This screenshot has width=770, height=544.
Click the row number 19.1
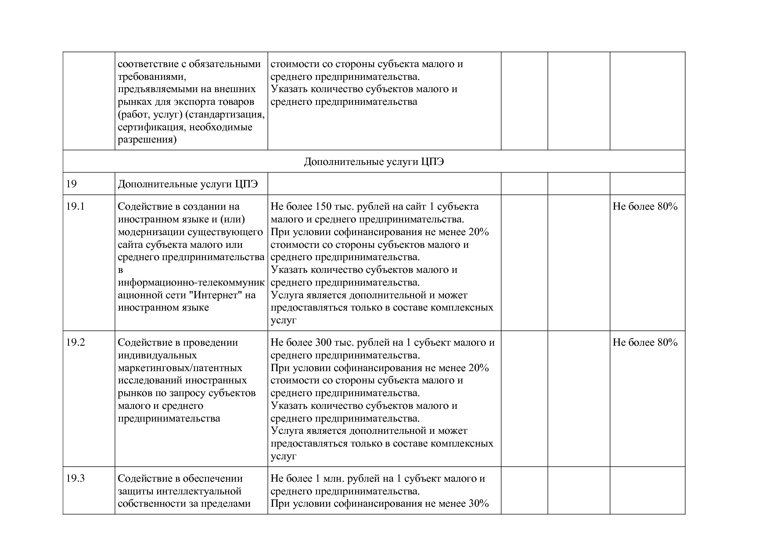pos(75,207)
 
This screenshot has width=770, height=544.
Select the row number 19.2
pos(76,343)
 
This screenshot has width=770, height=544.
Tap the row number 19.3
pos(76,479)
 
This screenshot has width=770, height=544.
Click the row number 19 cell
pos(72,184)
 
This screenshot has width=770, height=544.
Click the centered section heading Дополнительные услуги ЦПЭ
pos(374,162)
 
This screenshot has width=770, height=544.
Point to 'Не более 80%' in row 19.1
pos(645,207)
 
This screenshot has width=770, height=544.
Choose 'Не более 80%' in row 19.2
pos(645,343)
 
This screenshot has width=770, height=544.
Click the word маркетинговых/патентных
pos(180,368)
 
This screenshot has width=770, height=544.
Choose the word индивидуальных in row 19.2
pos(157,355)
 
